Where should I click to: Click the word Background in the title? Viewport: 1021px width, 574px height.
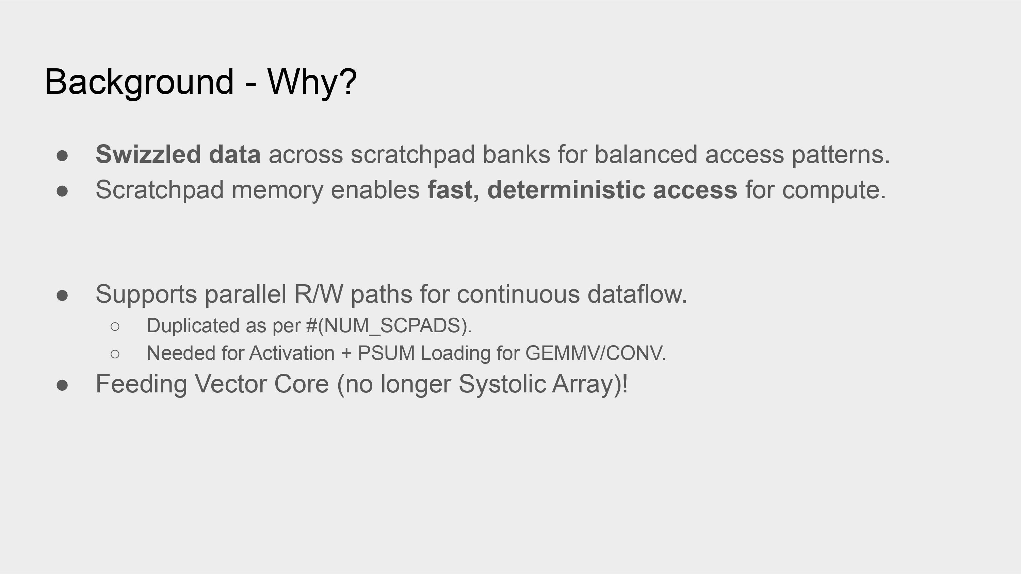(x=140, y=82)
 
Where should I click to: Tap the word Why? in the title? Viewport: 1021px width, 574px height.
(x=312, y=82)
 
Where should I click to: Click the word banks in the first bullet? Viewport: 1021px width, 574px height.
(x=516, y=154)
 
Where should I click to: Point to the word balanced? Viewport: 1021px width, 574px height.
(x=646, y=154)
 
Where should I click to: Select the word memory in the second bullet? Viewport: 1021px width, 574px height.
(x=277, y=190)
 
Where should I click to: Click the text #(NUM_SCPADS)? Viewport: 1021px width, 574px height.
(x=389, y=326)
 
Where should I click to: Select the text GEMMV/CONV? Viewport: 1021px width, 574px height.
(x=596, y=353)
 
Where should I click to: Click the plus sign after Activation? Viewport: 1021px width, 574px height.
(x=346, y=353)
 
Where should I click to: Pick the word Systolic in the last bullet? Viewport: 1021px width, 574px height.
(x=502, y=384)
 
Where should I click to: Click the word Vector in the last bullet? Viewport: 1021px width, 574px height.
(x=230, y=384)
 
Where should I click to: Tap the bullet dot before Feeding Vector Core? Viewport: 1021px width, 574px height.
(x=62, y=385)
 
